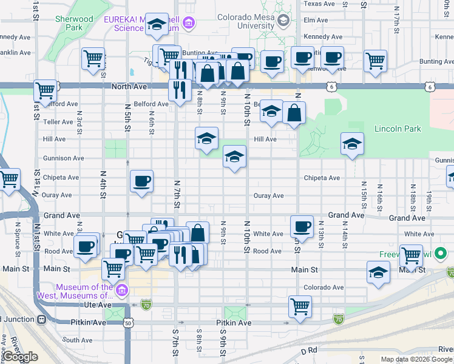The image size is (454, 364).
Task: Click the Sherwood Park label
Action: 73,23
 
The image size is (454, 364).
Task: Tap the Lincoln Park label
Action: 397,129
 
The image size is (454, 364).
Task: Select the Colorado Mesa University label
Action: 246,22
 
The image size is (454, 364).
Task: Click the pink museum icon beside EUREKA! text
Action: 189,24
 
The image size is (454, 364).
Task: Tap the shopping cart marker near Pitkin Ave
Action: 300,307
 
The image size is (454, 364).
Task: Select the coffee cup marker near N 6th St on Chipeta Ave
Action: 141,181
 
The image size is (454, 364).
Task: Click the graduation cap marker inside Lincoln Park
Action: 352,144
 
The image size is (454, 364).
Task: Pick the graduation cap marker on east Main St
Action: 378,272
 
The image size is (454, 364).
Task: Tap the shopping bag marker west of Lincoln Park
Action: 294,113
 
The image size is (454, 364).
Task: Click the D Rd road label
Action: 309,351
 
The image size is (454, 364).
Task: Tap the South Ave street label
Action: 77,340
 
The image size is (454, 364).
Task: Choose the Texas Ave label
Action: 319,4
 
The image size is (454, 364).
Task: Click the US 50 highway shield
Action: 128,323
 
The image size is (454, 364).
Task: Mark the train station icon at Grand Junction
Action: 41,319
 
